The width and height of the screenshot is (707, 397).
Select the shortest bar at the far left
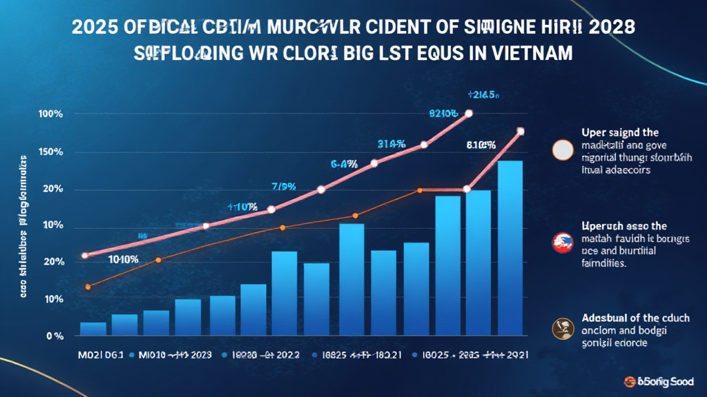click(93, 329)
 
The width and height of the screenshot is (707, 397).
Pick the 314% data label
click(391, 144)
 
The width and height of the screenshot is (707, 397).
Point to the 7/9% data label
click(284, 185)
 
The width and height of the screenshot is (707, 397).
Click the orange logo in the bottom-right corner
click(630, 380)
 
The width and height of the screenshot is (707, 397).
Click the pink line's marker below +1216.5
click(469, 113)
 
